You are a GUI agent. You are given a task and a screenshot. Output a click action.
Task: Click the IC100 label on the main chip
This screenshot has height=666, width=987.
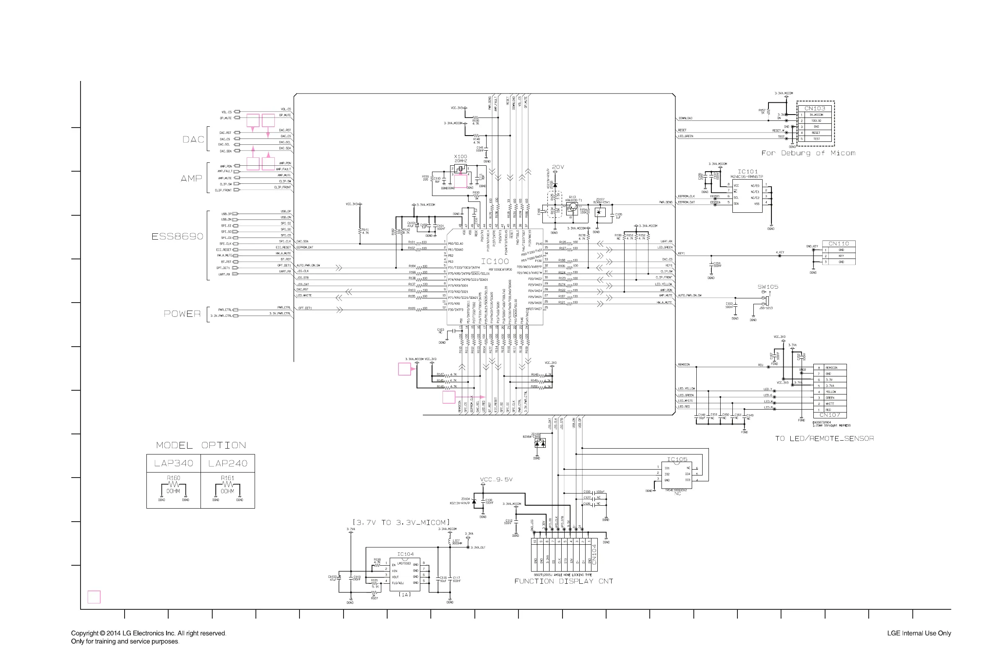[x=494, y=261]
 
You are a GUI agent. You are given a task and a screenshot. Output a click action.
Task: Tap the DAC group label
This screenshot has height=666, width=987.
[x=193, y=139]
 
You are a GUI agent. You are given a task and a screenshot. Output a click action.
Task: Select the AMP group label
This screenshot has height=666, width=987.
[x=191, y=178]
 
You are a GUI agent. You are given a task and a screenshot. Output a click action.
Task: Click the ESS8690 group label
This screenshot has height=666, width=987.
[x=177, y=236]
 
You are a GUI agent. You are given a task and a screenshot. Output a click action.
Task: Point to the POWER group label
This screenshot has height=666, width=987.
[x=182, y=313]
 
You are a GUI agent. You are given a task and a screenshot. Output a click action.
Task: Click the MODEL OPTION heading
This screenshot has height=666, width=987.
[x=201, y=445]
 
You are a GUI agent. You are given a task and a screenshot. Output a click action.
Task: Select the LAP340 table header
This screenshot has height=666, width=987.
[x=173, y=463]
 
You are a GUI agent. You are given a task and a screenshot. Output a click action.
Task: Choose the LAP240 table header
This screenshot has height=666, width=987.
[x=227, y=463]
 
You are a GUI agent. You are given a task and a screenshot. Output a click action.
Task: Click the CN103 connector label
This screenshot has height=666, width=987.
[x=815, y=108]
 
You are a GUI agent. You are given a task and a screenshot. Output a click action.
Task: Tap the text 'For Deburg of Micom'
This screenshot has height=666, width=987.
[x=808, y=153]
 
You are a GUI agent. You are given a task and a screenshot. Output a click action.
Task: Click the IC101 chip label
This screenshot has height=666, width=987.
[x=747, y=172]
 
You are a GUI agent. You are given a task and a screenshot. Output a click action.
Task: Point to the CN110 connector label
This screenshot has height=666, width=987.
[x=839, y=243]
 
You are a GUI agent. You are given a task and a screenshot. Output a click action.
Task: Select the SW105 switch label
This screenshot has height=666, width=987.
[x=768, y=287]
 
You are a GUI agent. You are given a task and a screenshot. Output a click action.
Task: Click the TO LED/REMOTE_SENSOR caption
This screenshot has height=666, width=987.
[x=824, y=439]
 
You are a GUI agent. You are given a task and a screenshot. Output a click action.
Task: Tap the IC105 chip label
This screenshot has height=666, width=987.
[x=677, y=459]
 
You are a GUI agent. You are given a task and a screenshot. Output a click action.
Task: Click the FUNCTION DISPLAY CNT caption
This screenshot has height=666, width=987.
[x=563, y=581]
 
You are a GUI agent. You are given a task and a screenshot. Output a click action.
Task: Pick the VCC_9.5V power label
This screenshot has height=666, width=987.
[x=496, y=480]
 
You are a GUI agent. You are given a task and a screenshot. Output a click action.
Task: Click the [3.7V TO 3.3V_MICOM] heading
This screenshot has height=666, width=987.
[x=401, y=522]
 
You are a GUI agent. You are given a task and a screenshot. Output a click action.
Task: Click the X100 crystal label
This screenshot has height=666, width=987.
[x=460, y=156]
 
